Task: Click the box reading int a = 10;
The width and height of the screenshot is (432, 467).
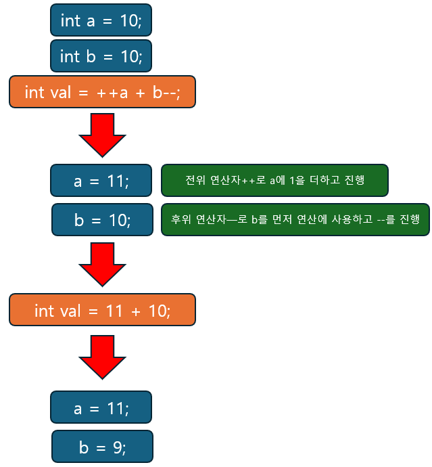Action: (x=101, y=20)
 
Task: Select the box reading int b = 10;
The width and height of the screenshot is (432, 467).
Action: (x=101, y=56)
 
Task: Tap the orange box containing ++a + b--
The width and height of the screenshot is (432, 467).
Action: (x=102, y=92)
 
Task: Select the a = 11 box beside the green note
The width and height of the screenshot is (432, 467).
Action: (x=101, y=181)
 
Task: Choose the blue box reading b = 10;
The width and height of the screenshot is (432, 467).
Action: (x=102, y=220)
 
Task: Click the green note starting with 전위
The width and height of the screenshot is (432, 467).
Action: (x=274, y=181)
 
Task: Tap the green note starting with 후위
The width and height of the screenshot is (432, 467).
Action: (x=295, y=220)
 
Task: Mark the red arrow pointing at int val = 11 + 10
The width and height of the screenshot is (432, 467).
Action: (x=102, y=264)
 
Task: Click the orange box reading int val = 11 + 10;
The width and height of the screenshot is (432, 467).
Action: (x=102, y=311)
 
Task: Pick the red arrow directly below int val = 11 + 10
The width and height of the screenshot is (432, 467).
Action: (x=102, y=357)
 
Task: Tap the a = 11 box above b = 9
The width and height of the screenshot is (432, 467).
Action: (x=101, y=408)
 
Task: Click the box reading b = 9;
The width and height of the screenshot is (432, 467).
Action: (x=102, y=447)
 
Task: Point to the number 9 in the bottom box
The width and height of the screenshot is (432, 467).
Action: (x=117, y=447)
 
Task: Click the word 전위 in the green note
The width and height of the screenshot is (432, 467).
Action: (x=194, y=181)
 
